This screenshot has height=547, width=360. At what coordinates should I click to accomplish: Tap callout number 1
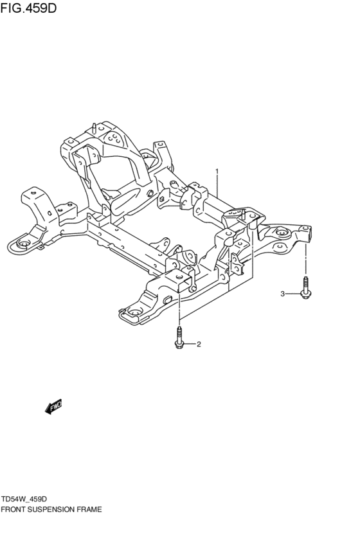coord(217,172)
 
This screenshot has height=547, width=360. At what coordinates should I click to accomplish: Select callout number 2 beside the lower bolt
coord(199,344)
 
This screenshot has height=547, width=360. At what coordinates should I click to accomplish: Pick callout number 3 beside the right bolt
coord(282,294)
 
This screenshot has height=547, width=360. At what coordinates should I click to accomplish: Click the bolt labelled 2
coord(179,339)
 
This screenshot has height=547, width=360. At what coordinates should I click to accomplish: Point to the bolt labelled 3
coord(306,287)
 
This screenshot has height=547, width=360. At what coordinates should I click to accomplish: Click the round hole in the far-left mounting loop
coord(22,243)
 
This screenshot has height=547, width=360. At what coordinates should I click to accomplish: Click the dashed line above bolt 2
coord(179,309)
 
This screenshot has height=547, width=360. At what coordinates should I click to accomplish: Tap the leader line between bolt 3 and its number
coord(293,294)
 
